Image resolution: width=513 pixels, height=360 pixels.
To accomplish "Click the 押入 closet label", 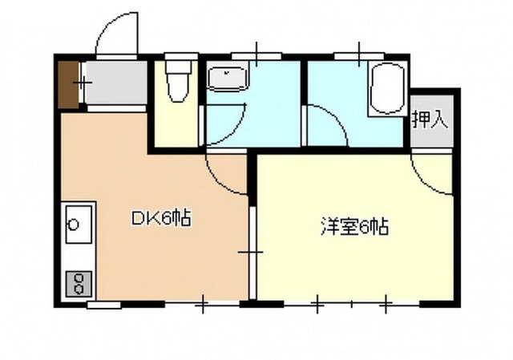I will [x=429, y=120].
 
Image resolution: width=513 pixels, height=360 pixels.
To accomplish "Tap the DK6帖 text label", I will [x=160, y=218].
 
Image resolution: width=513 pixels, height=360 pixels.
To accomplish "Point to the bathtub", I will [x=387, y=91].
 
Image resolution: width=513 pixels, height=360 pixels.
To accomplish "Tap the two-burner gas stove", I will [x=79, y=281].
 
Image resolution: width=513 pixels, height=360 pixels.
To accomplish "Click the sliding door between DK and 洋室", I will [x=251, y=253].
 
